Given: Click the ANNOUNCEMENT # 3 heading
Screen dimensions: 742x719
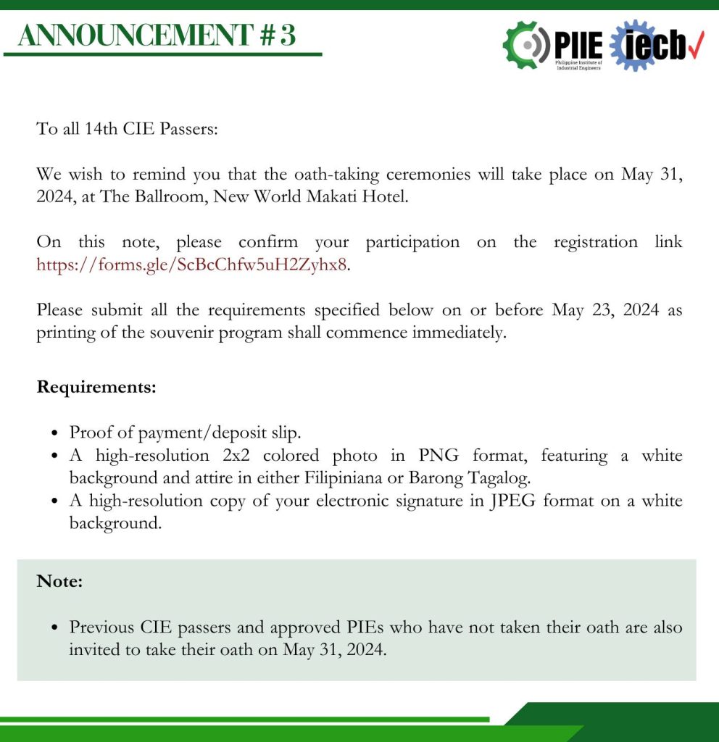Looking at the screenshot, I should point(157,35).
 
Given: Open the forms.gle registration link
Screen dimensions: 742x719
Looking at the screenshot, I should point(192,264).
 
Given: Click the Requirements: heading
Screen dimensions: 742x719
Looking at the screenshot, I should point(96,386).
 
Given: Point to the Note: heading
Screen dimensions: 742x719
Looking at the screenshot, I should point(59,580).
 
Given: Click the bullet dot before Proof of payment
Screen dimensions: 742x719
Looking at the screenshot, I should point(54,433).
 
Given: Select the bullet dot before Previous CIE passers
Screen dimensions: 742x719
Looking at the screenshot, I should point(54,628).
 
